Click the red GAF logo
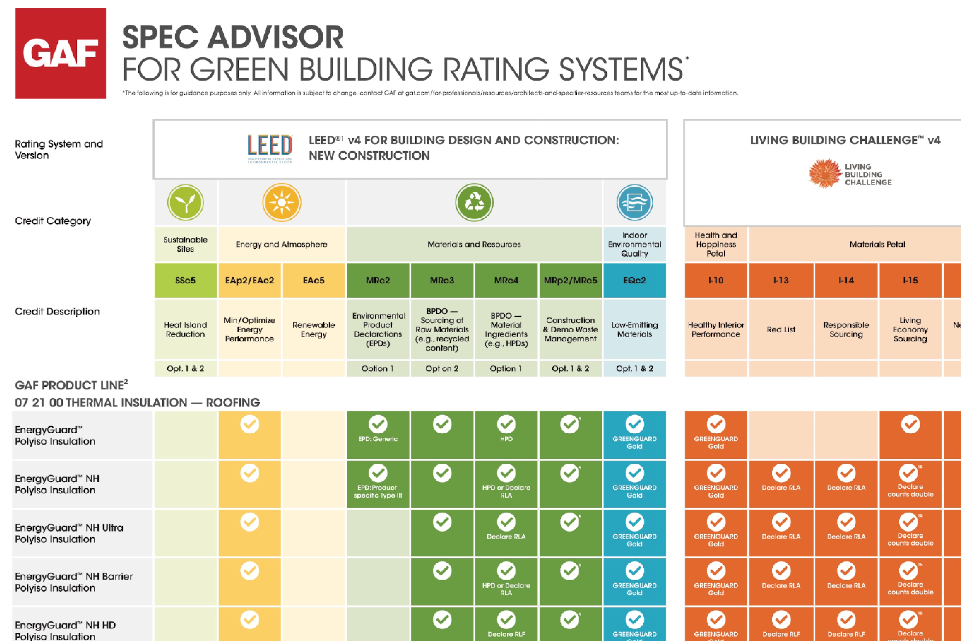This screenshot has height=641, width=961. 61,53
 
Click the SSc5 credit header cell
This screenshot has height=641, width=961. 185,280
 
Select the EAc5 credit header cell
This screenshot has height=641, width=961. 314,280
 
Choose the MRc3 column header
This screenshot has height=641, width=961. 442,280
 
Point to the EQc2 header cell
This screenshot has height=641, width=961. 634,280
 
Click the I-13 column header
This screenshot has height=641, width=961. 781,280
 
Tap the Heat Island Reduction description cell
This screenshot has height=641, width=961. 185,329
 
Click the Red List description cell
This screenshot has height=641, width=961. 781,329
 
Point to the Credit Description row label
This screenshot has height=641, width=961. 57,312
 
